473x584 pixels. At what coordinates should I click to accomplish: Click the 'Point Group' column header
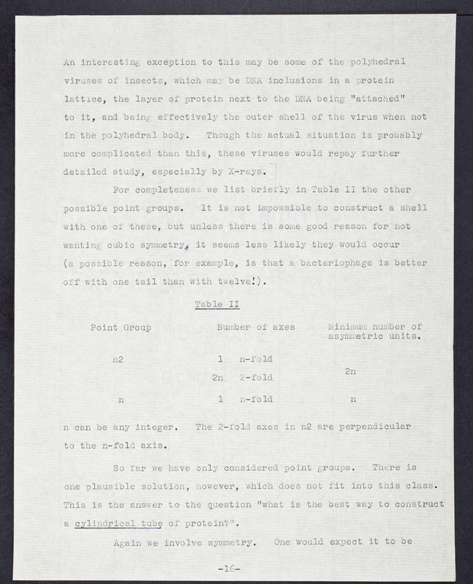click(121, 328)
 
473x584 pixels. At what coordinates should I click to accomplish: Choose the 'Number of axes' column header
click(256, 328)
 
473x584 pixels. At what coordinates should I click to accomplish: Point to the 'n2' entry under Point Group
click(118, 360)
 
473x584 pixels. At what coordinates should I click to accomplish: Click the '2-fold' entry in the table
click(256, 378)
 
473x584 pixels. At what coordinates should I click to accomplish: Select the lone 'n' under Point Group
click(121, 399)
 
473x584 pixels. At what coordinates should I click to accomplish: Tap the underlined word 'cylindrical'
click(105, 523)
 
